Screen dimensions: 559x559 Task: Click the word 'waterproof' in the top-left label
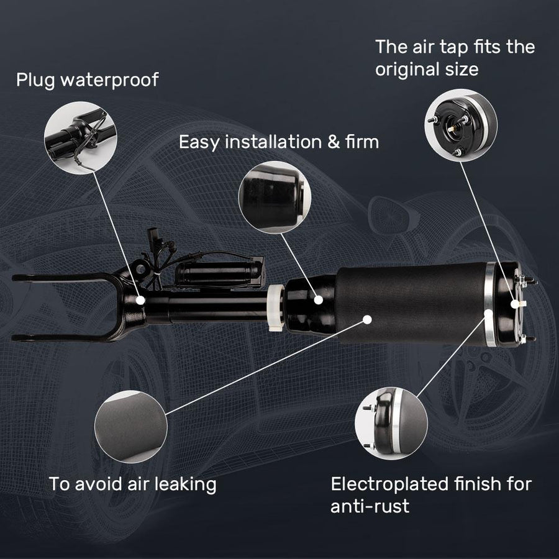click(109, 80)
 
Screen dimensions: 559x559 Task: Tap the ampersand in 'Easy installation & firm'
click(334, 142)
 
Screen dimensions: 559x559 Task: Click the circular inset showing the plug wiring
click(81, 138)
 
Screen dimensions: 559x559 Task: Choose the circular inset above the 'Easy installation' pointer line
click(275, 197)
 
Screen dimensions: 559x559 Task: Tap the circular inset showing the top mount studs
click(461, 125)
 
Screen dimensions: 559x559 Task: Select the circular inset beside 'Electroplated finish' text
click(391, 424)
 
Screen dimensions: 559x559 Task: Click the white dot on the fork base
click(140, 300)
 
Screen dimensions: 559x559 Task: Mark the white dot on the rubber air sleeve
click(367, 319)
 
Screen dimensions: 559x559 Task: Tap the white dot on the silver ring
click(488, 314)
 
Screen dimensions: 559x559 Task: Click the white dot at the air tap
click(514, 304)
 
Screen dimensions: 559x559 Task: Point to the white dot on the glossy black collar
click(319, 300)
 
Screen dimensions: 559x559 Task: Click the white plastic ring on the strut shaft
click(275, 307)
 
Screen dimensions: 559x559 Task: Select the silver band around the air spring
click(489, 304)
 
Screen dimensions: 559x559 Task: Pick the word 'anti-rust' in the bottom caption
click(370, 506)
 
